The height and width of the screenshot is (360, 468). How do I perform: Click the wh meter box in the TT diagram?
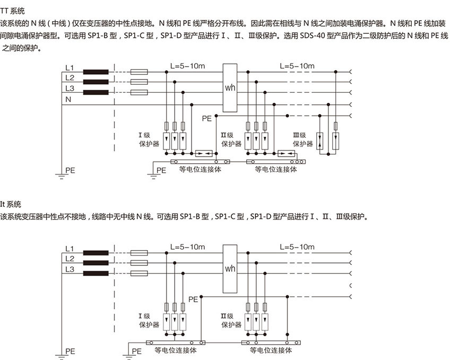click(230, 88)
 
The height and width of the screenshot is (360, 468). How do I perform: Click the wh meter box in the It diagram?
click(230, 268)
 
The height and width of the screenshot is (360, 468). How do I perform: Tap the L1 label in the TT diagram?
click(70, 67)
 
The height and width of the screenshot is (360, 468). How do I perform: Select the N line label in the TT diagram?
click(68, 99)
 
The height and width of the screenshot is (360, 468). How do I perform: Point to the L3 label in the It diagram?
click(70, 269)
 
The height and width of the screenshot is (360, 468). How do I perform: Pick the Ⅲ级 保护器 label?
click(303, 139)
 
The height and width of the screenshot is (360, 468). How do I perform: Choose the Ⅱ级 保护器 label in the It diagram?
click(231, 320)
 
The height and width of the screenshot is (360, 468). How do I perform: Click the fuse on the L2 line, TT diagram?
click(138, 82)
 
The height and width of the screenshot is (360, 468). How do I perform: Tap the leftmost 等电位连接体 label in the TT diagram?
click(200, 170)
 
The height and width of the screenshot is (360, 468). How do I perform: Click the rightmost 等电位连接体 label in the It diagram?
click(271, 350)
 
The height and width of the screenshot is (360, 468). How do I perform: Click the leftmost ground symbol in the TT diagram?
click(62, 177)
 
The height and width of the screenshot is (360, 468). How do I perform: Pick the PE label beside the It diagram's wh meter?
click(193, 300)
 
